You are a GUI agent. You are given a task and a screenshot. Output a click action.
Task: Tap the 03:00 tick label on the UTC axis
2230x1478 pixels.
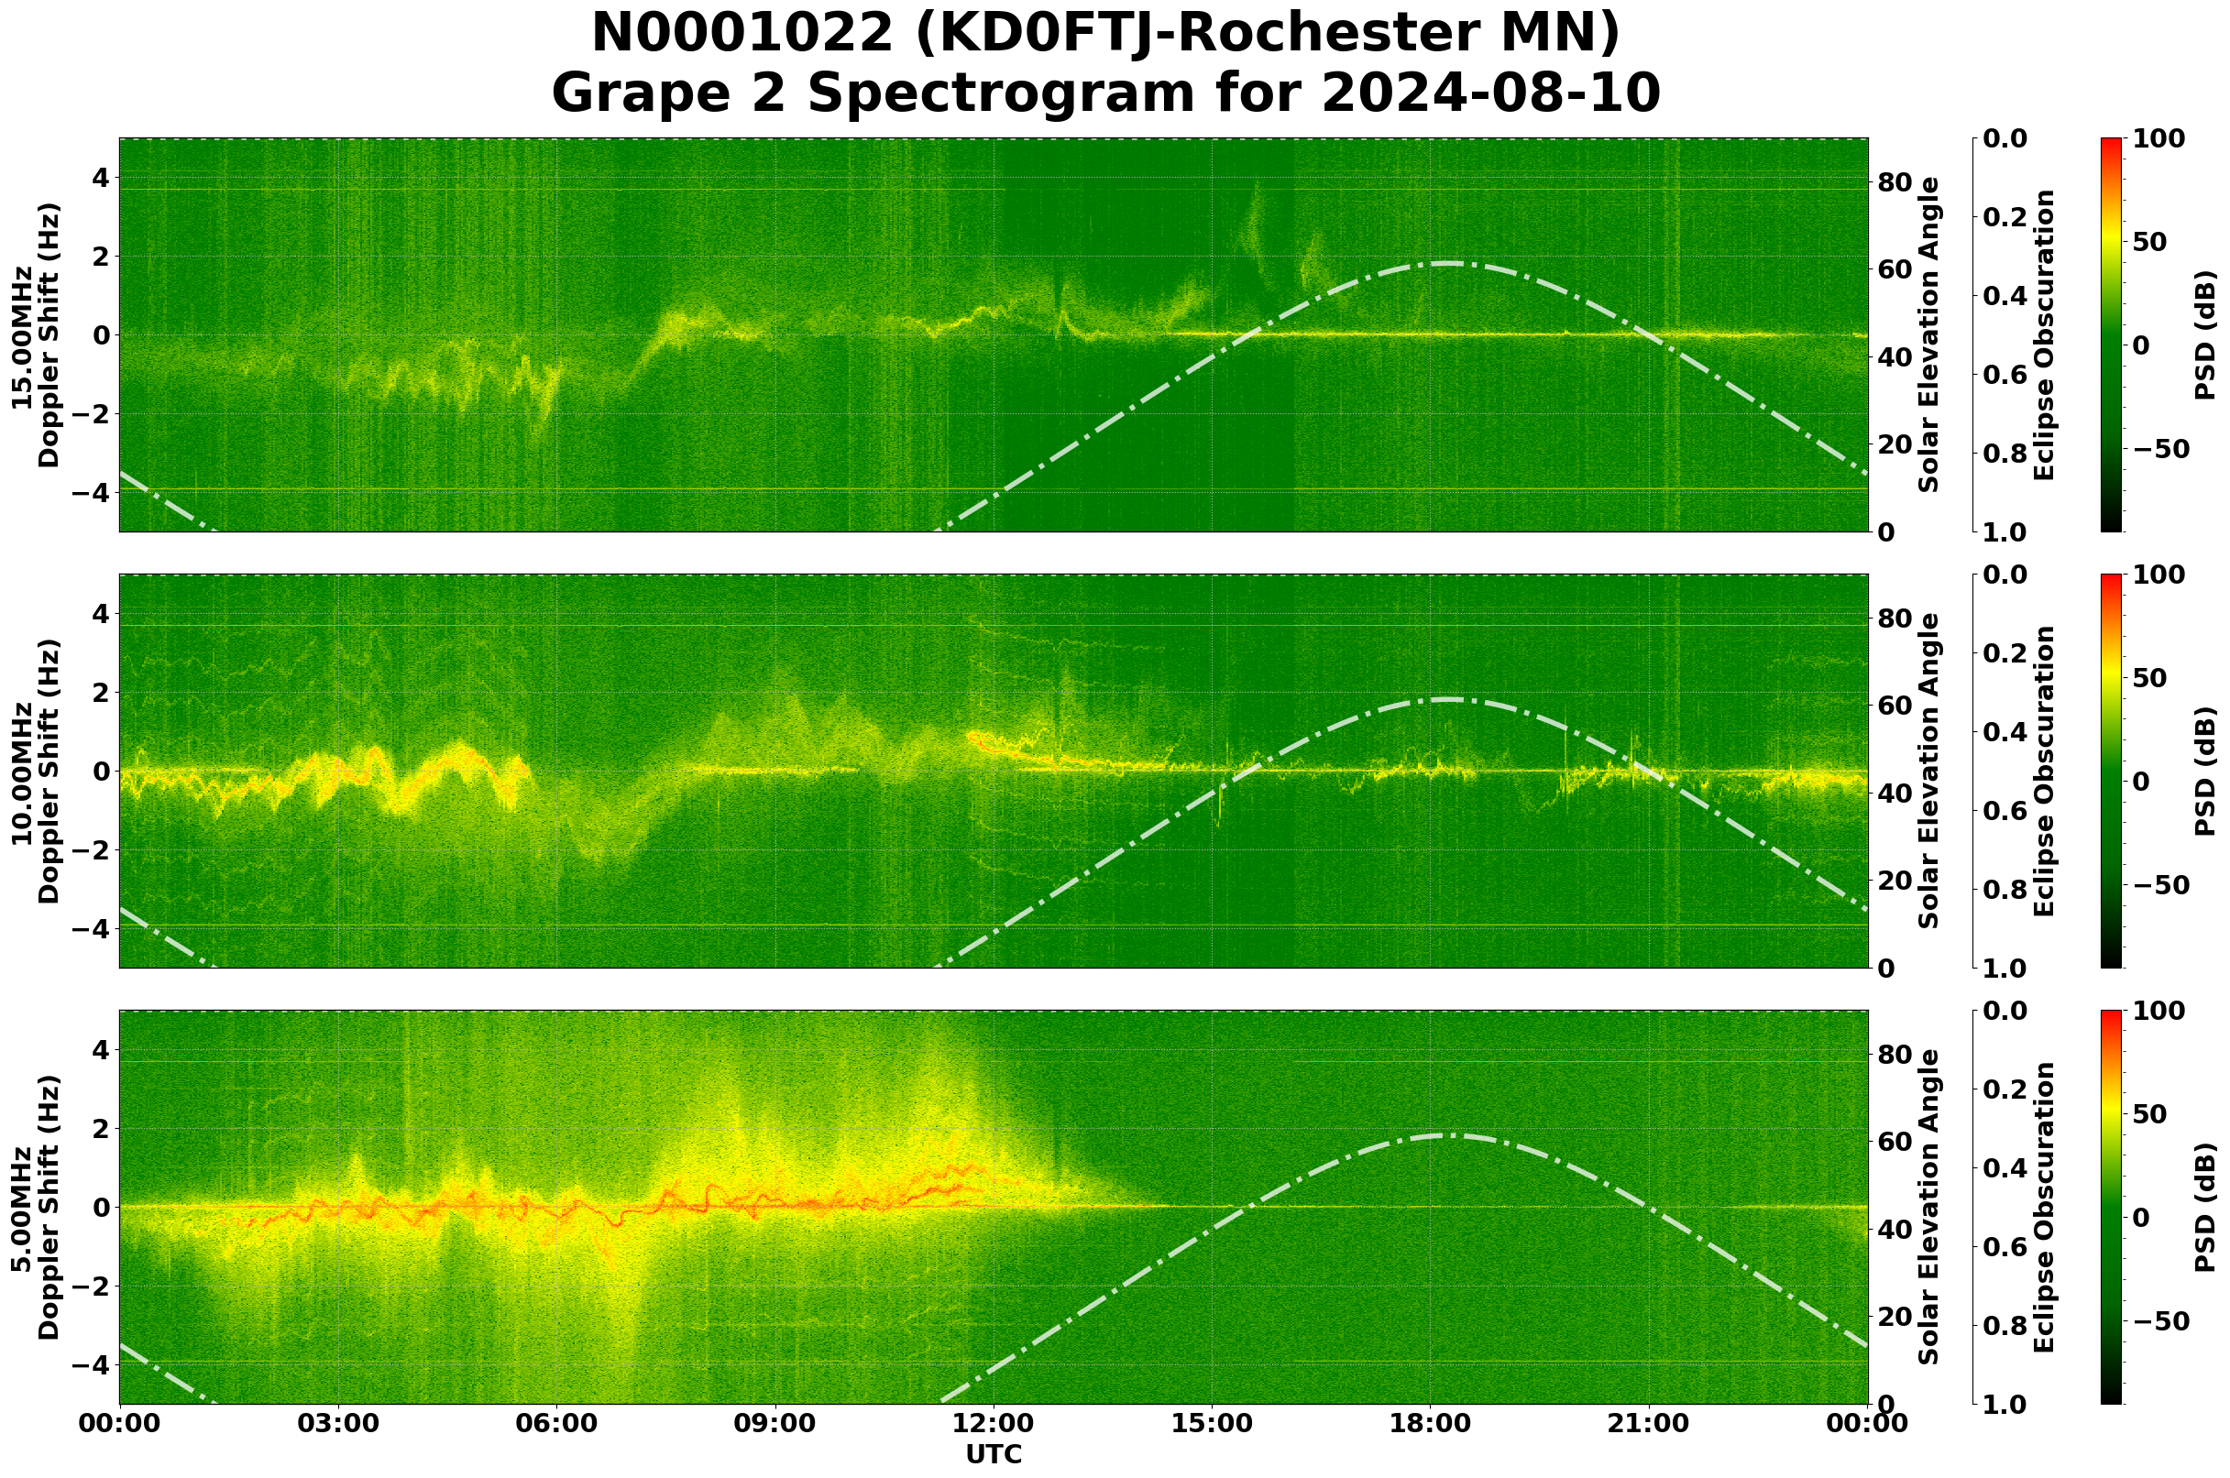338,1423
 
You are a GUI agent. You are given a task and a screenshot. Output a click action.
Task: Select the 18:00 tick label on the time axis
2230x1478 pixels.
1430,1423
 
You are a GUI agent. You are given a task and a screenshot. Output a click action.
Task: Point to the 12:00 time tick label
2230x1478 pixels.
993,1423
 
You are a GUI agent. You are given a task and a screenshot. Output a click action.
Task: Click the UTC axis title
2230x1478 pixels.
994,1454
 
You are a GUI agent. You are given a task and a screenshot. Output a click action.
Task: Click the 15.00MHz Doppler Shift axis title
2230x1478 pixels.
35,334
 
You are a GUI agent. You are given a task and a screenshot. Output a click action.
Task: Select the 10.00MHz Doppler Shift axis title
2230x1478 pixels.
35,771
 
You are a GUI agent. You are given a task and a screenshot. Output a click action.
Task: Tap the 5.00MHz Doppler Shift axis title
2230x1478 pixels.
35,1207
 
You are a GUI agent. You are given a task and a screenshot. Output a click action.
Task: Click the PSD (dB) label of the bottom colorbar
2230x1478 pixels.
2204,1207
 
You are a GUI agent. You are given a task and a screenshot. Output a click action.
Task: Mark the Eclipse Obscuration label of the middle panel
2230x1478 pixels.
2043,771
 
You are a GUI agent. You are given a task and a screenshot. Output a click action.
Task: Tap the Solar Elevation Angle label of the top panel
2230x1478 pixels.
1929,334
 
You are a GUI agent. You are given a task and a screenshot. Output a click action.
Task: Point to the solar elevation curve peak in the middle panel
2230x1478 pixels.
1445,699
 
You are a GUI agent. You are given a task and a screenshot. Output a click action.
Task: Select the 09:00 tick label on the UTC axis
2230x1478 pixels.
775,1423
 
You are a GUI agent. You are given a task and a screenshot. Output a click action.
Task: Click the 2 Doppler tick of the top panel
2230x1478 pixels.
103,257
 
